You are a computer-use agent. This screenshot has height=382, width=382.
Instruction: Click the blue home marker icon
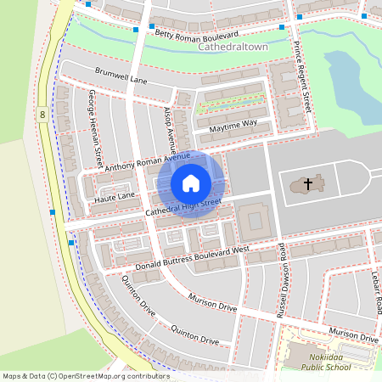(x=191, y=183)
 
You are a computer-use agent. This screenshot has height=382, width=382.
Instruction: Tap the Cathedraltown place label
(x=233, y=49)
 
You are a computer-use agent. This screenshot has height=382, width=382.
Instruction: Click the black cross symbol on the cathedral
(x=307, y=183)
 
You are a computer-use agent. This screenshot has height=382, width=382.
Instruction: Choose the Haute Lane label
(x=115, y=197)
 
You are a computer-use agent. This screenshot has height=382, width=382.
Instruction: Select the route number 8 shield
(x=42, y=113)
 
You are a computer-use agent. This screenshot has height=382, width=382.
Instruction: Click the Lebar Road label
(x=374, y=292)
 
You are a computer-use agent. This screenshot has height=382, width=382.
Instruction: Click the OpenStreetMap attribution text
(x=85, y=375)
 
